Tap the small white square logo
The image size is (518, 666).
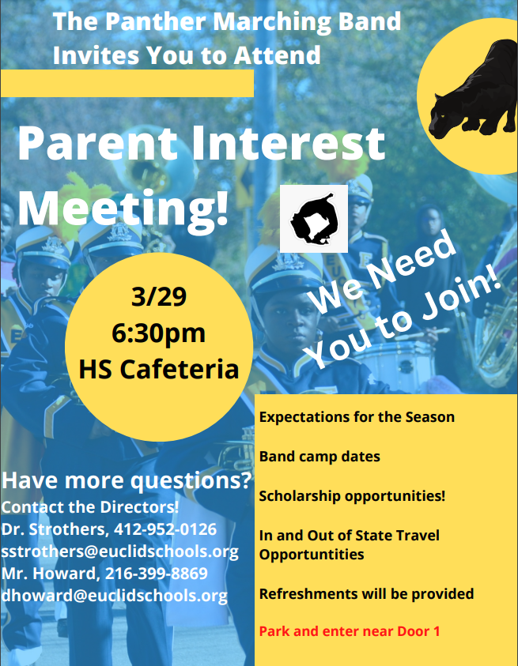point(314,219)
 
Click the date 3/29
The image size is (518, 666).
point(159,296)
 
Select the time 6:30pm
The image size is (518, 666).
point(159,333)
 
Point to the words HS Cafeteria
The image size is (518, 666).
point(159,369)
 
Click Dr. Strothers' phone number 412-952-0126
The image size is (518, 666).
point(165,529)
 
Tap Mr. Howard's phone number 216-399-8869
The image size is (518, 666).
point(157,574)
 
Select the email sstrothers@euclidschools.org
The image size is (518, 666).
point(119,551)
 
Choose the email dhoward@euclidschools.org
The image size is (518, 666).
point(114,596)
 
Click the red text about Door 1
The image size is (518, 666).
point(350,631)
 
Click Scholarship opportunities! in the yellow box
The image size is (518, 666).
point(352,496)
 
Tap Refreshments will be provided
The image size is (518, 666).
point(367,594)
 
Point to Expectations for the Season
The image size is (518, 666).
point(357,417)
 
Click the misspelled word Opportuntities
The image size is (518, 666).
point(312,555)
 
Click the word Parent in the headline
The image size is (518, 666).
point(97,143)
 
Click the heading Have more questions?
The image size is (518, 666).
point(127,481)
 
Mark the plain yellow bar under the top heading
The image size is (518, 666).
point(127,84)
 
